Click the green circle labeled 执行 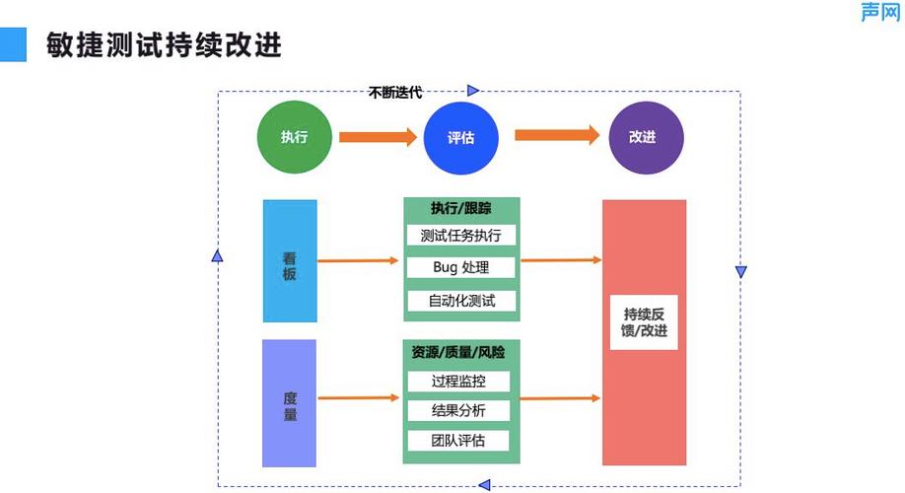[x=294, y=137]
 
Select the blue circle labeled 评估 [x=460, y=137]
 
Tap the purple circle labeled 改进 [x=643, y=137]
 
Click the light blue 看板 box [x=290, y=261]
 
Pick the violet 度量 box [x=289, y=403]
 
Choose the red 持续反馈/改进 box [x=644, y=332]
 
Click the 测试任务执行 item [x=460, y=236]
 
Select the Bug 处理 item [x=460, y=267]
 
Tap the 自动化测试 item [x=460, y=301]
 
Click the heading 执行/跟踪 [x=460, y=208]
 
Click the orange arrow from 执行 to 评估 [x=378, y=137]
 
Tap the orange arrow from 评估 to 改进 [x=557, y=134]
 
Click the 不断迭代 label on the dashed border [x=395, y=93]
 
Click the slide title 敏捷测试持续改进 [x=164, y=45]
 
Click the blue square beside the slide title [x=14, y=44]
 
